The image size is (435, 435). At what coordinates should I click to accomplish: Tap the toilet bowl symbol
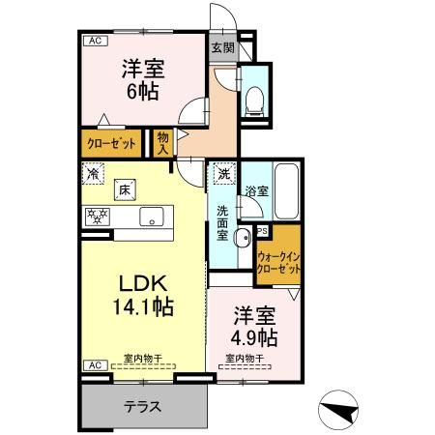pos(254,98)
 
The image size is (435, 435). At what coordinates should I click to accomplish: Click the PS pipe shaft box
pos(262,230)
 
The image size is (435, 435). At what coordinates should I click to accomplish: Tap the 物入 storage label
pos(162,144)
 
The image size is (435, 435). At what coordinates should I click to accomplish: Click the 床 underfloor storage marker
pos(125,190)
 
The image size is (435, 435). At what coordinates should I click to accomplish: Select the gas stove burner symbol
pos(97,217)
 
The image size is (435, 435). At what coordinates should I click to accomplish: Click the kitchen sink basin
pos(153,217)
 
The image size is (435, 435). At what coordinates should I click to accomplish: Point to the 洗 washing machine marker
pos(223,174)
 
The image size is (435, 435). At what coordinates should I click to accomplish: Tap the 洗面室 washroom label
pos(221,222)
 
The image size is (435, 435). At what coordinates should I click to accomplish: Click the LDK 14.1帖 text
pos(144,295)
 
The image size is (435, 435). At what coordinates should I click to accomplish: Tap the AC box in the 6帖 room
pos(96,41)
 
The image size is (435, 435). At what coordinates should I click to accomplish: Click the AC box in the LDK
pos(96,365)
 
